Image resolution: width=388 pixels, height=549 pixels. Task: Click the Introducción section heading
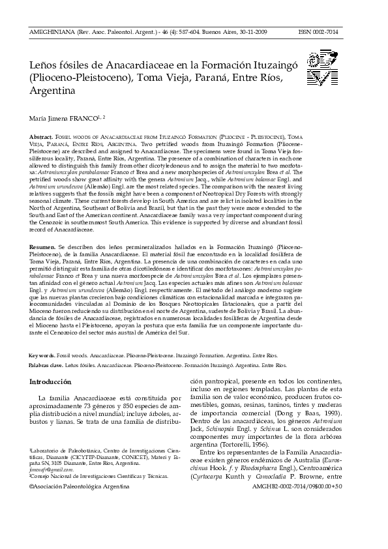pos(53,381)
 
